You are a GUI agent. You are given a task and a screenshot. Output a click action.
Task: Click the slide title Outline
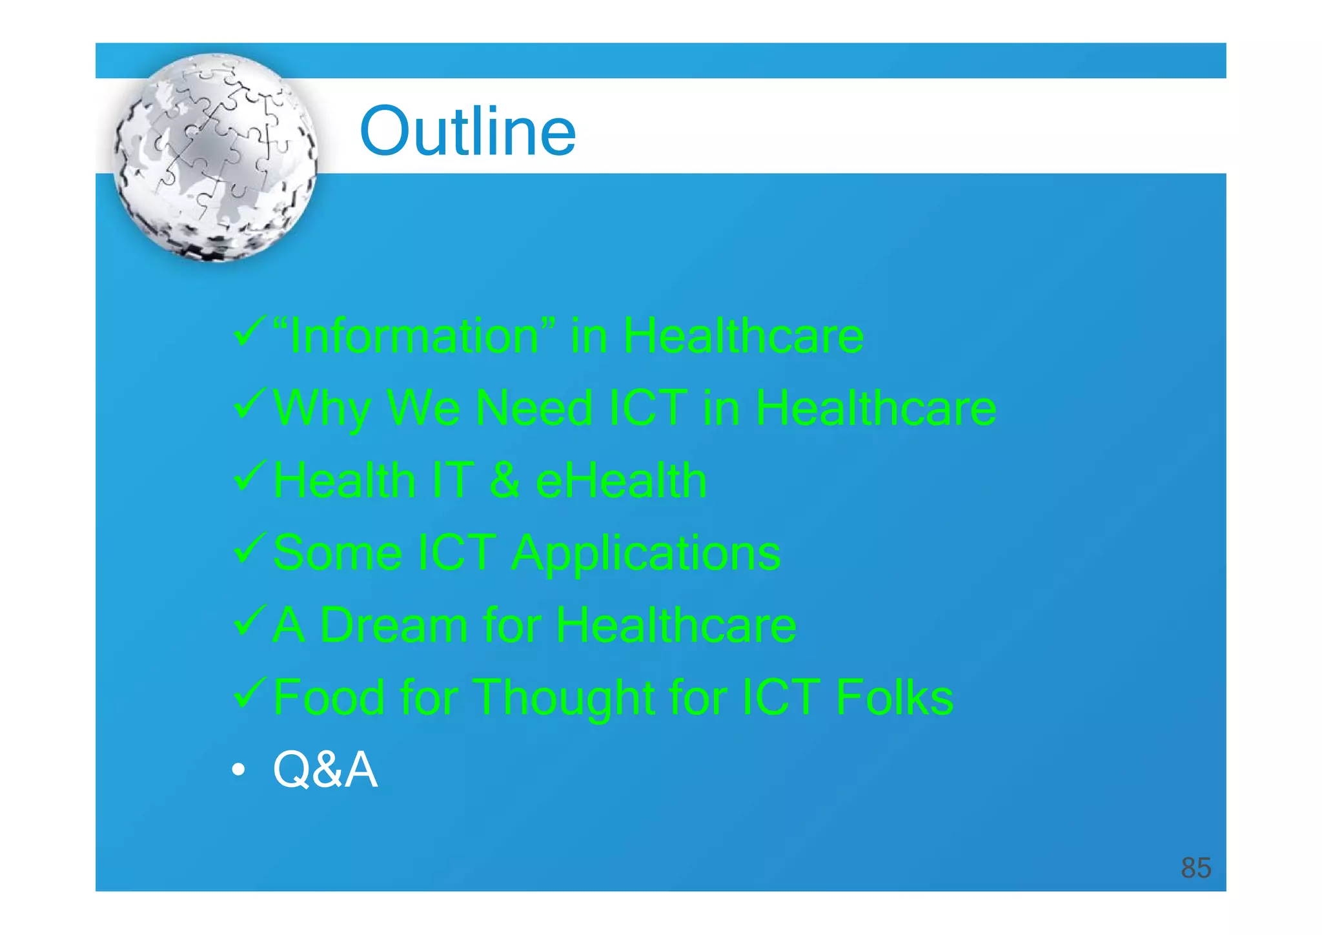click(467, 132)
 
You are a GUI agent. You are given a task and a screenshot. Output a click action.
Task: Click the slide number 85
click(1195, 868)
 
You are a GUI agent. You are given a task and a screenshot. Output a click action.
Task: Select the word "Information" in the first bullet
click(414, 336)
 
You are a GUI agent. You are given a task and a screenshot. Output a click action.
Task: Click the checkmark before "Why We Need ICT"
click(249, 404)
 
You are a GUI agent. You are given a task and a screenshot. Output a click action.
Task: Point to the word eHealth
click(621, 481)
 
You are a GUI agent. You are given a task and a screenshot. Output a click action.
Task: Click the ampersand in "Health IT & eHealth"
click(504, 481)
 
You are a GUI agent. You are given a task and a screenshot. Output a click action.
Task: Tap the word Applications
click(646, 553)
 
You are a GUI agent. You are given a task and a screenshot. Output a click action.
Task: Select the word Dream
click(394, 626)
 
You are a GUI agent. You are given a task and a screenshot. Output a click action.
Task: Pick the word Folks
click(894, 698)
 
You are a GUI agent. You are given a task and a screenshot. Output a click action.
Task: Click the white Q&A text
click(325, 770)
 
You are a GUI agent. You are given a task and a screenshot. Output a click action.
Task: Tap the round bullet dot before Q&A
click(239, 770)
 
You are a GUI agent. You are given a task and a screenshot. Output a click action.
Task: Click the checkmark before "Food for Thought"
click(249, 692)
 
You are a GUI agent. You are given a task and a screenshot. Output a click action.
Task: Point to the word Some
click(338, 553)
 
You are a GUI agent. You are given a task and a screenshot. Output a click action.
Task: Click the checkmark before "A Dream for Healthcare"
click(249, 621)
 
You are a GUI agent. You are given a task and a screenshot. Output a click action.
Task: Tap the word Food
click(329, 698)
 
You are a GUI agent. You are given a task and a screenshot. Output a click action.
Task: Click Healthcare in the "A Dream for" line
click(676, 626)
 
